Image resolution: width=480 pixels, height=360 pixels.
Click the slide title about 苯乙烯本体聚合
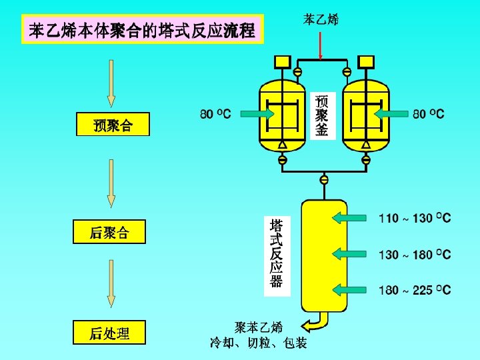point(142,30)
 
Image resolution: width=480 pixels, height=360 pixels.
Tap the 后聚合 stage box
point(109,233)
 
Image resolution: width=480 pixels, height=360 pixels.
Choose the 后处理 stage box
point(109,333)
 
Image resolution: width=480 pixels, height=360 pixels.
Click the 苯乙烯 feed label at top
point(321,20)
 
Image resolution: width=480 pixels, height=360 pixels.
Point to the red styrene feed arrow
point(321,45)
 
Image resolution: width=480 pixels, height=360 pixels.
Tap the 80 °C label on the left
point(215,114)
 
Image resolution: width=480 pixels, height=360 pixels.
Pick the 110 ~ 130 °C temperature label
point(415,218)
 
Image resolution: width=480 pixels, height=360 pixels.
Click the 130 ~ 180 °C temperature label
point(415,255)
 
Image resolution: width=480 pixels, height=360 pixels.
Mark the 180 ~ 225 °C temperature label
point(415,290)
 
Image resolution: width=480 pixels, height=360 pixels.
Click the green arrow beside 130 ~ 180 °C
point(349,253)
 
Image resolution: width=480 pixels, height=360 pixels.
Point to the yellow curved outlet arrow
point(316,324)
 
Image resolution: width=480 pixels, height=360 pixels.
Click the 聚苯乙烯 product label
point(259,327)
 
